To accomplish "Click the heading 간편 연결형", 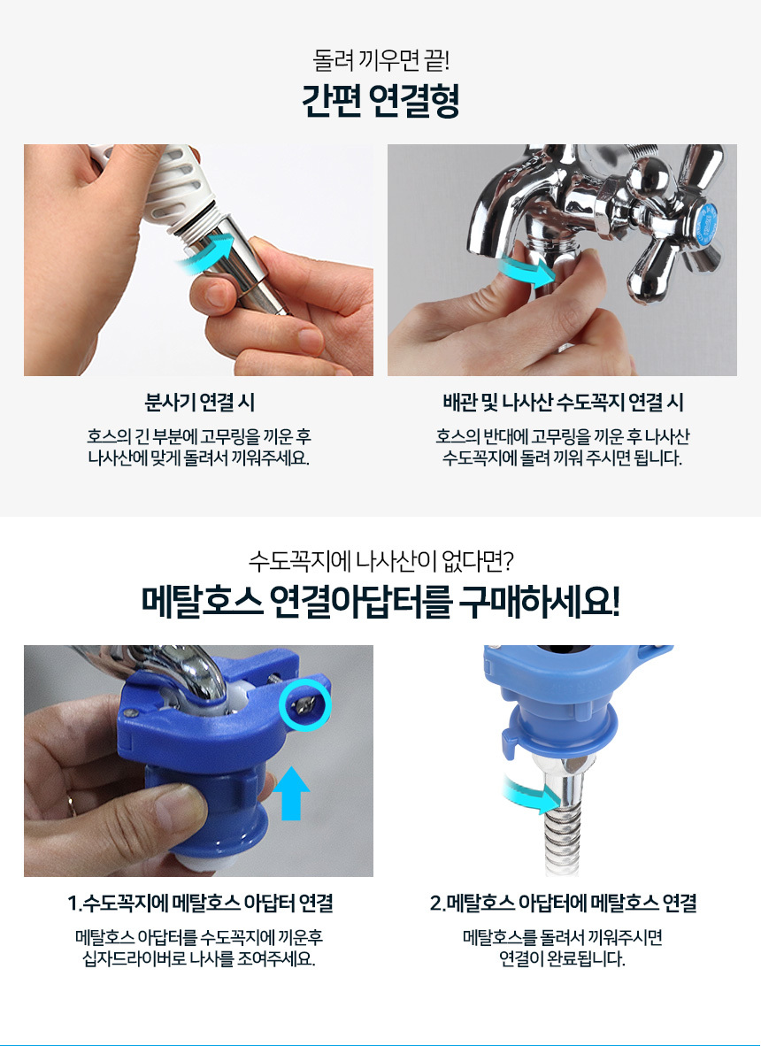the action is [x=380, y=101].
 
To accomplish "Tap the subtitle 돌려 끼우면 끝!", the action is [x=380, y=61].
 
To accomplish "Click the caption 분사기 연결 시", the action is [x=199, y=403].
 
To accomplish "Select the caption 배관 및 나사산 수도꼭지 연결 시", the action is [x=563, y=403].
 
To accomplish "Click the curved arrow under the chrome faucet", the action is [x=527, y=269].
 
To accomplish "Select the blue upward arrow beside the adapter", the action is [x=292, y=793].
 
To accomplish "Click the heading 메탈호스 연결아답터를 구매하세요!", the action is [x=380, y=603].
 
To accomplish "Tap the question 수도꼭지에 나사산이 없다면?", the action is [x=380, y=560].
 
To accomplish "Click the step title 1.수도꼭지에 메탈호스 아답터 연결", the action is [x=200, y=904].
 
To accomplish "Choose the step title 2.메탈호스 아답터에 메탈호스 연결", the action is [x=563, y=904].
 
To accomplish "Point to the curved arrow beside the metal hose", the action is [x=532, y=796].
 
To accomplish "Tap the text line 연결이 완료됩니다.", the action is [x=563, y=960].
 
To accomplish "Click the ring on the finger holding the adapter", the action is [x=71, y=805].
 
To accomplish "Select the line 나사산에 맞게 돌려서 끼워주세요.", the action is [x=199, y=459].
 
